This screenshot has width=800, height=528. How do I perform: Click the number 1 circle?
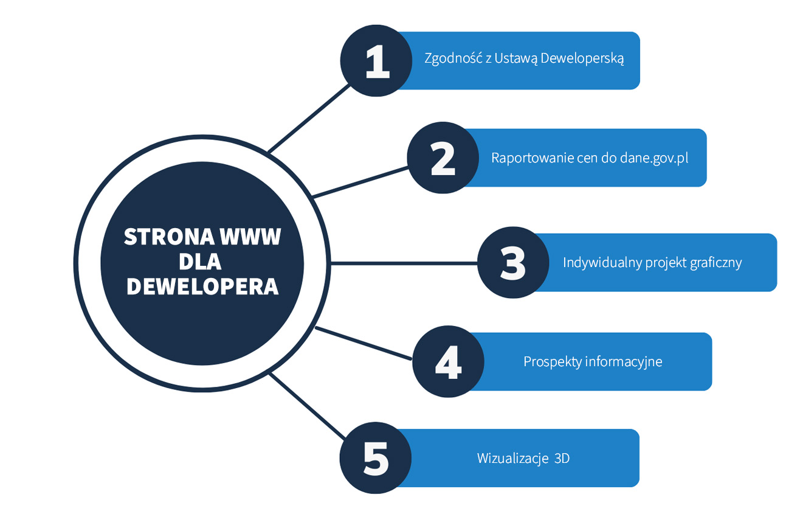376,60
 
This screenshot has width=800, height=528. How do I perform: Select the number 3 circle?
512,262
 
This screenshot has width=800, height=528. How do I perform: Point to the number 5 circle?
375,457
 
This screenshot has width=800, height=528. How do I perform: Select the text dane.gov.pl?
654,158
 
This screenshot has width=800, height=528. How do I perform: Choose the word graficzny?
716,263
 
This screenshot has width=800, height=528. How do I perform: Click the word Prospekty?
552,361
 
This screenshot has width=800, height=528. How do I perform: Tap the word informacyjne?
623,361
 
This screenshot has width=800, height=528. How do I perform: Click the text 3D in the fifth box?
562,458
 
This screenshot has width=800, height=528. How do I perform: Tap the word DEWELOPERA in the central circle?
202,287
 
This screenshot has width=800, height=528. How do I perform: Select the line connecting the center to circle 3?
404,263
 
